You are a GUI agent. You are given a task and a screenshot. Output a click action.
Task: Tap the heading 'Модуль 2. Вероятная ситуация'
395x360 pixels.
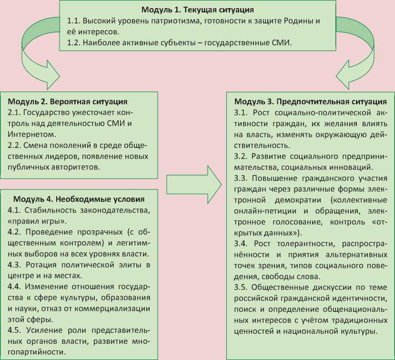pos(68,102)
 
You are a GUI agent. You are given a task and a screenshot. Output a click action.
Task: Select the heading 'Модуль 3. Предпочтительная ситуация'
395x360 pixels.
pos(310,102)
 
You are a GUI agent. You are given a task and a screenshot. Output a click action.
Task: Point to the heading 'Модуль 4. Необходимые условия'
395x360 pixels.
pos(79,199)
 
